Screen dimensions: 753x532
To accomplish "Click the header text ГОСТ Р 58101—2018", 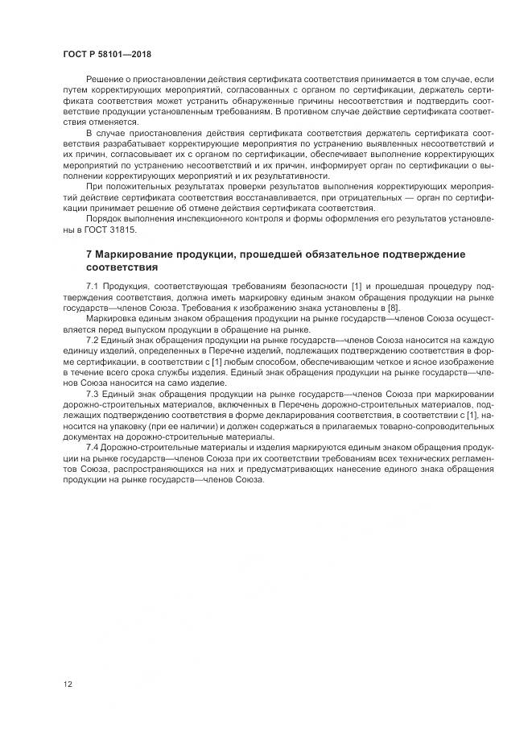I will point(106,54).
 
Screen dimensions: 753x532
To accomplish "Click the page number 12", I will point(68,684).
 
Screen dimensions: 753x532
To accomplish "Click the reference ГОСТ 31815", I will point(113,229).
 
